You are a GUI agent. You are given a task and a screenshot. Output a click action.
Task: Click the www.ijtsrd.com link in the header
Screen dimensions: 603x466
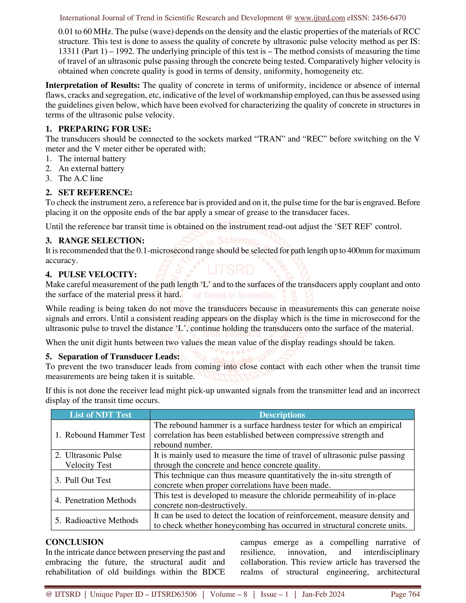319,18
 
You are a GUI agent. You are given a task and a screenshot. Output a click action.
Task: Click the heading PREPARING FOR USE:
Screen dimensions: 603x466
105,129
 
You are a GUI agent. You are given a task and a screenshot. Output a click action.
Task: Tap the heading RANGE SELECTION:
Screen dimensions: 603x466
101,241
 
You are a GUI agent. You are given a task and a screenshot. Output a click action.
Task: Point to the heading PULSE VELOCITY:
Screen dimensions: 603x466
97,274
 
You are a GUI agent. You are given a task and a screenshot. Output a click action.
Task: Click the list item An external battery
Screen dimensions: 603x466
91,168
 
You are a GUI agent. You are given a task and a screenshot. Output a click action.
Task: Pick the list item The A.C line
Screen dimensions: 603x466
81,178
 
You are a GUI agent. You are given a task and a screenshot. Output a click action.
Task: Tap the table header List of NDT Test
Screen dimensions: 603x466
101,415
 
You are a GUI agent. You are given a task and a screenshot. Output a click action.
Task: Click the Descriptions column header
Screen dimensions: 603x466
282,415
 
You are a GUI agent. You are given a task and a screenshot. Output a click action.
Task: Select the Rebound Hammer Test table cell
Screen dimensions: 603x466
105,435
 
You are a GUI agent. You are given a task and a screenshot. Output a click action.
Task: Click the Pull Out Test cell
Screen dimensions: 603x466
88,480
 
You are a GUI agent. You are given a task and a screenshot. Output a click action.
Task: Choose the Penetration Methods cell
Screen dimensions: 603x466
101,500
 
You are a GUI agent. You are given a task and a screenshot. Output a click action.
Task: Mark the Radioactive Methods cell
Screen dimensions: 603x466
101,520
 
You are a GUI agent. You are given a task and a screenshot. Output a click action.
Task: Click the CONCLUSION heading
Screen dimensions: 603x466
75,542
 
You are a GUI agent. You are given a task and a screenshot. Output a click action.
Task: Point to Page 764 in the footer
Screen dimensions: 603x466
405,594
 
